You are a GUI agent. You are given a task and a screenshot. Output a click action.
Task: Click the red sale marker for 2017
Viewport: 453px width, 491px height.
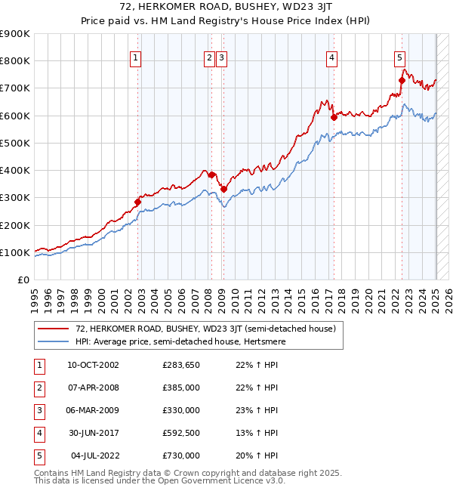coord(334,117)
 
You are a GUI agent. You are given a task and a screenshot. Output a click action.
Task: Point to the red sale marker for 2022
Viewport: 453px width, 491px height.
coord(402,80)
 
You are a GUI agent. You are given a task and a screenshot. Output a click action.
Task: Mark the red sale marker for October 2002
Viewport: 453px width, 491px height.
coord(138,202)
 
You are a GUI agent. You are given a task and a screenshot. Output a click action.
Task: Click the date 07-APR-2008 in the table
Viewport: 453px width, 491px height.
coord(93,388)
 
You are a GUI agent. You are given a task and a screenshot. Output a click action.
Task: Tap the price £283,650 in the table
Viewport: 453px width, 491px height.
coord(180,365)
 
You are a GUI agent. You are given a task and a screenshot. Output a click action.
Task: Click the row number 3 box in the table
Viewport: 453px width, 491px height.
coord(38,410)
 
